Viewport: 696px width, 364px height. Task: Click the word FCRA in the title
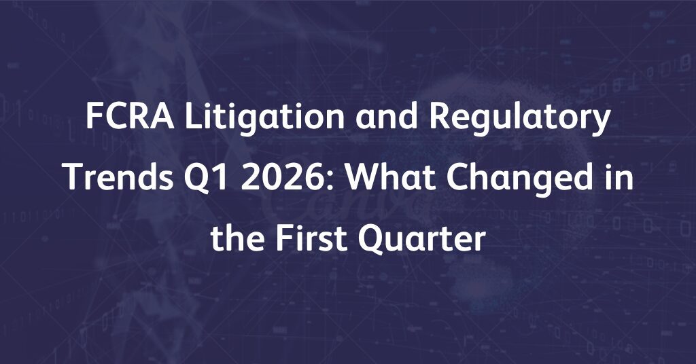coord(130,117)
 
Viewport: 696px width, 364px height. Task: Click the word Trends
coord(119,177)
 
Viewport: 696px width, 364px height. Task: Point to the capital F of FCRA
coord(94,117)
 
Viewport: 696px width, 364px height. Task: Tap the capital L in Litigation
coord(193,117)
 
